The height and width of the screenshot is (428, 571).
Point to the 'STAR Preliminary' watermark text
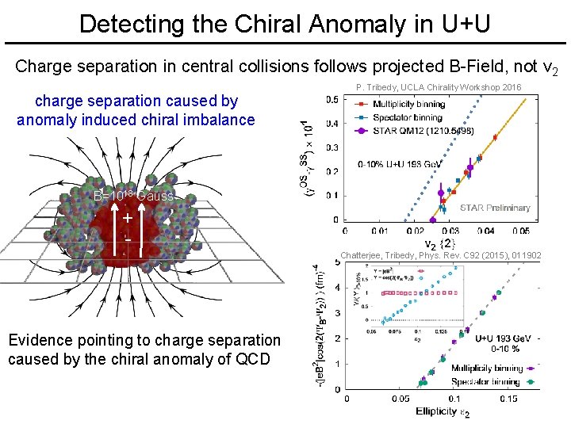[x=495, y=208]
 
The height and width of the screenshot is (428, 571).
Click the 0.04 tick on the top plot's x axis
[x=485, y=231]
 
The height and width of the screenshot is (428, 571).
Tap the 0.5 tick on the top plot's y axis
[x=331, y=99]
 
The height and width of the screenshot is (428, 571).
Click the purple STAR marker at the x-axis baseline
[x=432, y=220]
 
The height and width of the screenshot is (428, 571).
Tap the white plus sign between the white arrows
[x=127, y=217]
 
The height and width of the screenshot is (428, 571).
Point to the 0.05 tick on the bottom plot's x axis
[x=400, y=399]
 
